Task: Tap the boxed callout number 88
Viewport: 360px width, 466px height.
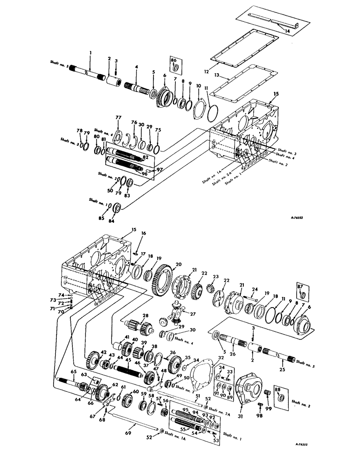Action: (x=278, y=389)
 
